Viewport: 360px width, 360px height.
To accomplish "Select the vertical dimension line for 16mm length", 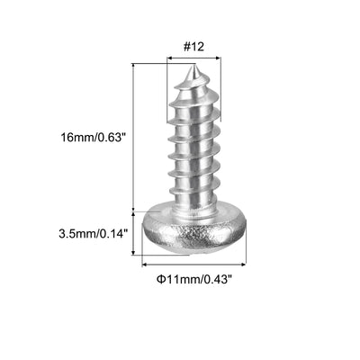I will (134, 135).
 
